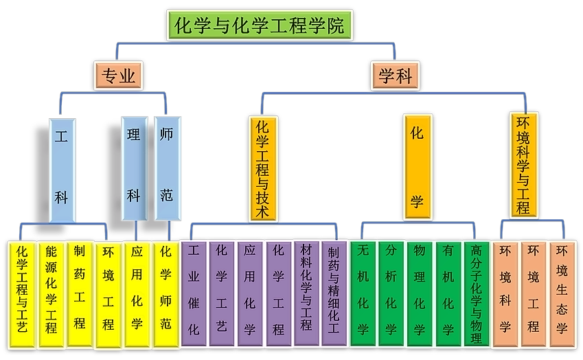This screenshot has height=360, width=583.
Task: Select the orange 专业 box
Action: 118,76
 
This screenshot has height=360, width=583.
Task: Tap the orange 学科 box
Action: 396,76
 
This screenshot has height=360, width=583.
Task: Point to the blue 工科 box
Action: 62,168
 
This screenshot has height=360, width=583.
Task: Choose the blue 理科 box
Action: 134,168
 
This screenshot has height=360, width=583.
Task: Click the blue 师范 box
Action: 166,168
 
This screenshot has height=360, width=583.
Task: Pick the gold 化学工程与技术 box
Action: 262,168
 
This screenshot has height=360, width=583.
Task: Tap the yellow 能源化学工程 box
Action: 51,294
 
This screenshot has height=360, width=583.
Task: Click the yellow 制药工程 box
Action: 80,294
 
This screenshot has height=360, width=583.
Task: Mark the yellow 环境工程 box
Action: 108,294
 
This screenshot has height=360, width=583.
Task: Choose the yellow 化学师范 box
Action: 165,294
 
